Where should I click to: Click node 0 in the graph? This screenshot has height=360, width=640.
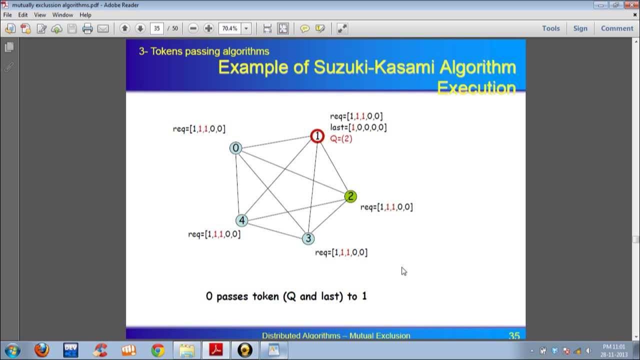pyautogui.click(x=235, y=148)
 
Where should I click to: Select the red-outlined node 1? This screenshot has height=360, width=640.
pyautogui.click(x=317, y=135)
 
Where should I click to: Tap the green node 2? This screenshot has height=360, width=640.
pyautogui.click(x=350, y=196)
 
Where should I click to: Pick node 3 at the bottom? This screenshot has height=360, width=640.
pyautogui.click(x=308, y=238)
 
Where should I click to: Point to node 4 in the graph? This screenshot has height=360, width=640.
pyautogui.click(x=242, y=220)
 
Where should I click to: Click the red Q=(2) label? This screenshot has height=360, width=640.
pyautogui.click(x=341, y=139)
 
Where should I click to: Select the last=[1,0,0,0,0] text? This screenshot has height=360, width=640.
pyautogui.click(x=358, y=127)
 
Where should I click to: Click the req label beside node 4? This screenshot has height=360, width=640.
pyautogui.click(x=214, y=234)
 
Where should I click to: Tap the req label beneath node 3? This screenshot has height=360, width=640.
pyautogui.click(x=341, y=252)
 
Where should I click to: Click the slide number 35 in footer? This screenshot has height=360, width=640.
pyautogui.click(x=514, y=336)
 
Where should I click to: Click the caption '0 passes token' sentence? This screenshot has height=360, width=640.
pyautogui.click(x=286, y=296)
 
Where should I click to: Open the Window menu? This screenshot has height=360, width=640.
pyautogui.click(x=62, y=15)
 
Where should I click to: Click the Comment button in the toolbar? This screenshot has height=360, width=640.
pyautogui.click(x=616, y=28)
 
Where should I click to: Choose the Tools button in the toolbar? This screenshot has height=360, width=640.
pyautogui.click(x=550, y=28)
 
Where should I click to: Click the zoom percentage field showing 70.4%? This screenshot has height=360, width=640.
pyautogui.click(x=229, y=28)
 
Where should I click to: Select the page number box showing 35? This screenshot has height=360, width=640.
pyautogui.click(x=157, y=28)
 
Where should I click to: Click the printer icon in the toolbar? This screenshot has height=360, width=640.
pyautogui.click(x=87, y=28)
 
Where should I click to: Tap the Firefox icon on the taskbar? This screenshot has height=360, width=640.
pyautogui.click(x=42, y=350)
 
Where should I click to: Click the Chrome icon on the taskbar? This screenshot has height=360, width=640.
pyautogui.click(x=158, y=350)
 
